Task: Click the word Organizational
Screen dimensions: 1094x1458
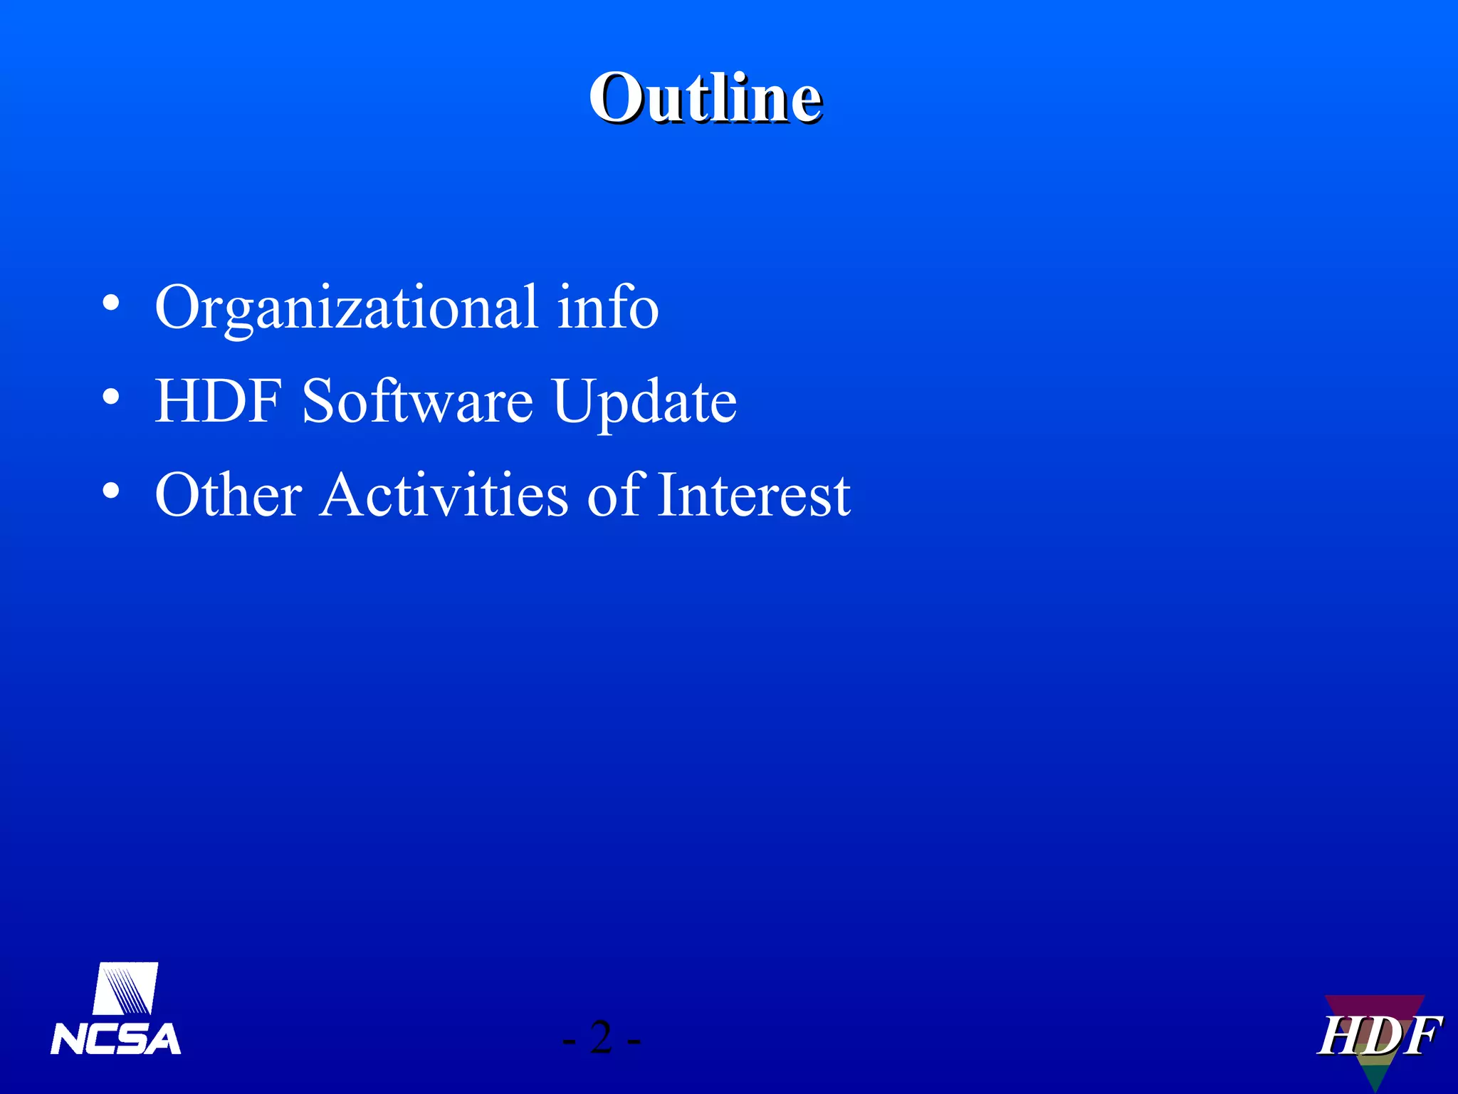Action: click(347, 308)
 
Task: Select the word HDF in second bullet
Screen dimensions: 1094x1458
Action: click(219, 401)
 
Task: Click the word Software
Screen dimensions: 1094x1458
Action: click(417, 401)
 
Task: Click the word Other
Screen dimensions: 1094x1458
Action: click(229, 495)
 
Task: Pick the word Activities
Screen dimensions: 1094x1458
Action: click(444, 495)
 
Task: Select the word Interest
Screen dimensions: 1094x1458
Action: click(753, 495)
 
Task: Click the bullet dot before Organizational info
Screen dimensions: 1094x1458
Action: click(110, 303)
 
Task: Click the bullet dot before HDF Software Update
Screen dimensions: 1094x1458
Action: click(110, 397)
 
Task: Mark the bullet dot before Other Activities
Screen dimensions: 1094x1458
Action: click(110, 491)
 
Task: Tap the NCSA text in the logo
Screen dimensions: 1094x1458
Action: click(115, 1039)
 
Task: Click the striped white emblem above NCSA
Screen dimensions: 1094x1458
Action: click(125, 988)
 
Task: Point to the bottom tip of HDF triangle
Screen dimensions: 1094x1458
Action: click(1376, 1088)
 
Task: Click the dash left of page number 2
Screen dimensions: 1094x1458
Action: click(569, 1042)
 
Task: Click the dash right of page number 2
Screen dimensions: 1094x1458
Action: click(634, 1042)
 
